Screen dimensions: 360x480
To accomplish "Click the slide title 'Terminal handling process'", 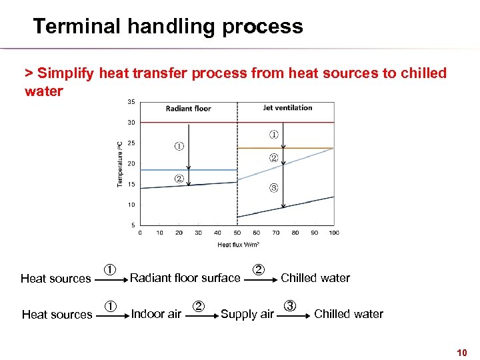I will [167, 27].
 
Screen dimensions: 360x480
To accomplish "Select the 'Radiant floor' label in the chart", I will [188, 109].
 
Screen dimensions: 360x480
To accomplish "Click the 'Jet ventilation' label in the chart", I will [287, 107].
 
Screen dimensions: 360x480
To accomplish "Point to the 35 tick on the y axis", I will [131, 102].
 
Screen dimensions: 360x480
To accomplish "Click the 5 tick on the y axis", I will [133, 225].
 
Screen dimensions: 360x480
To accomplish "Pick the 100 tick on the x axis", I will [333, 233].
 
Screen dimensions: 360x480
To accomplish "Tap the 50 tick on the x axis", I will [237, 233].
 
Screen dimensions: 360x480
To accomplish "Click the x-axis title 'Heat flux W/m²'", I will [237, 245].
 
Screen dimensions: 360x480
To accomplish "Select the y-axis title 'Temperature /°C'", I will [120, 162].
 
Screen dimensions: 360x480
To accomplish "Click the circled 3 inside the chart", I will [273, 187].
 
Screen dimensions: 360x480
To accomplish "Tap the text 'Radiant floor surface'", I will [185, 278].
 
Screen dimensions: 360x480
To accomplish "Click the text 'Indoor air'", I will [156, 314].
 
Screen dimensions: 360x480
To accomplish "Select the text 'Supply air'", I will [247, 314].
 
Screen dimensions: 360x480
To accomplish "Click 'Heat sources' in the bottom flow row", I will [57, 314].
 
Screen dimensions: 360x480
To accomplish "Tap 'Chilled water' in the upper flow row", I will [315, 278].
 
